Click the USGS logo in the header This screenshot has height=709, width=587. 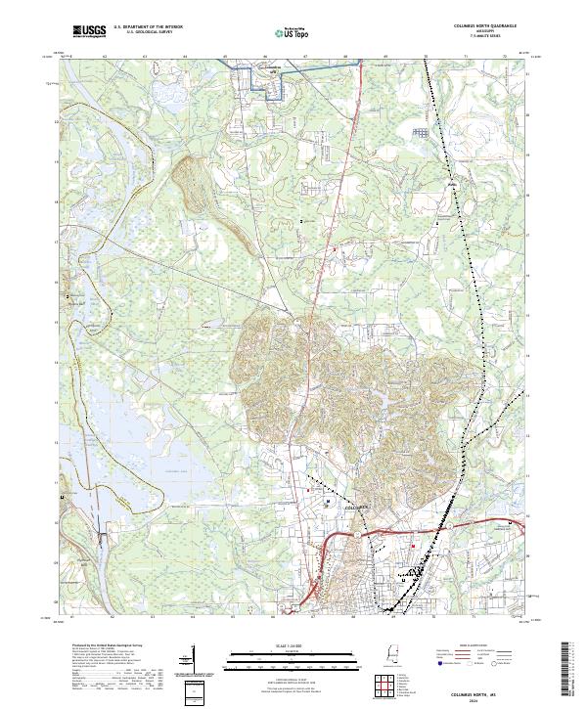point(88,31)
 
